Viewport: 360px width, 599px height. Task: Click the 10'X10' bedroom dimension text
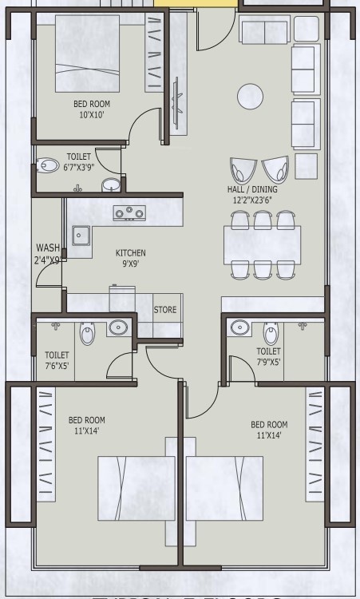click(x=92, y=115)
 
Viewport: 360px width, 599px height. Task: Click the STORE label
click(x=165, y=309)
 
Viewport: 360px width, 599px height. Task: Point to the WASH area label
click(x=48, y=248)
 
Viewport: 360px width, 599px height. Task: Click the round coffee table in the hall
click(x=249, y=96)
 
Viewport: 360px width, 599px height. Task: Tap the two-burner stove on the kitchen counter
click(x=129, y=212)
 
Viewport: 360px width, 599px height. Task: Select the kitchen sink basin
click(x=80, y=236)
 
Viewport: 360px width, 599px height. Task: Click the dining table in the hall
click(x=262, y=245)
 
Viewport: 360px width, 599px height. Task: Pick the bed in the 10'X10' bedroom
click(x=87, y=54)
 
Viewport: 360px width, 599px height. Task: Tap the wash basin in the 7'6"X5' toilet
click(x=119, y=327)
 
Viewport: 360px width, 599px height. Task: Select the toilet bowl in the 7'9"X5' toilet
click(x=271, y=333)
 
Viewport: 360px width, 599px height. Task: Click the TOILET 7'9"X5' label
click(x=267, y=356)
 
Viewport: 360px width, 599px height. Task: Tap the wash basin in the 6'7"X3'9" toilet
click(x=111, y=185)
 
